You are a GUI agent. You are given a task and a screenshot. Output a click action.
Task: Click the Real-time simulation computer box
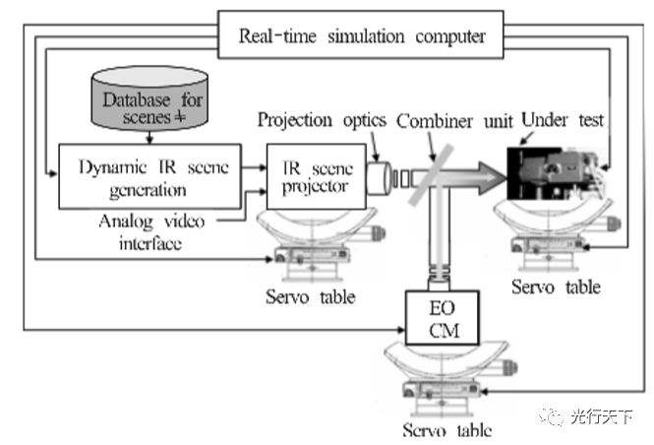point(362,36)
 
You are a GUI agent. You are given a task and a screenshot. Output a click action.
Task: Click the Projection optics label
point(323,121)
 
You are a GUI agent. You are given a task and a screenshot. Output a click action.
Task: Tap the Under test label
point(563,121)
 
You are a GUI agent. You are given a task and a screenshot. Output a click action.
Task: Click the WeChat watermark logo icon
point(552,417)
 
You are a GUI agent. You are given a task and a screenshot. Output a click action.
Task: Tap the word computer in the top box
point(447,36)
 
